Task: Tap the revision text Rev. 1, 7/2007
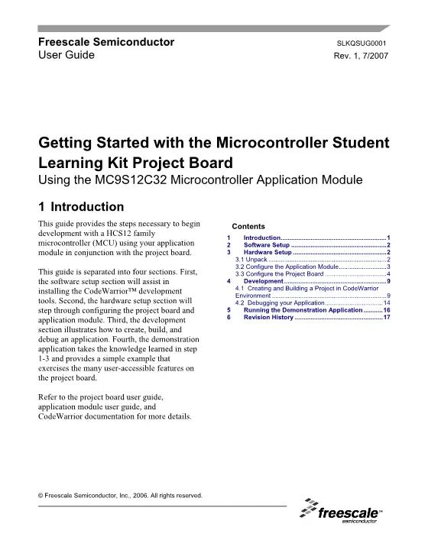coord(363,57)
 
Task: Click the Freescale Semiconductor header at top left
coord(106,42)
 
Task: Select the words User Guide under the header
coord(66,56)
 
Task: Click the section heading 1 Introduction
coord(81,206)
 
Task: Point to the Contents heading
coord(248,227)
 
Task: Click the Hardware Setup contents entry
coord(267,252)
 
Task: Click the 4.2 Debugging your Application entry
coord(280,302)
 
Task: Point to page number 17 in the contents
coord(387,317)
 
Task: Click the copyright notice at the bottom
coord(120,495)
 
